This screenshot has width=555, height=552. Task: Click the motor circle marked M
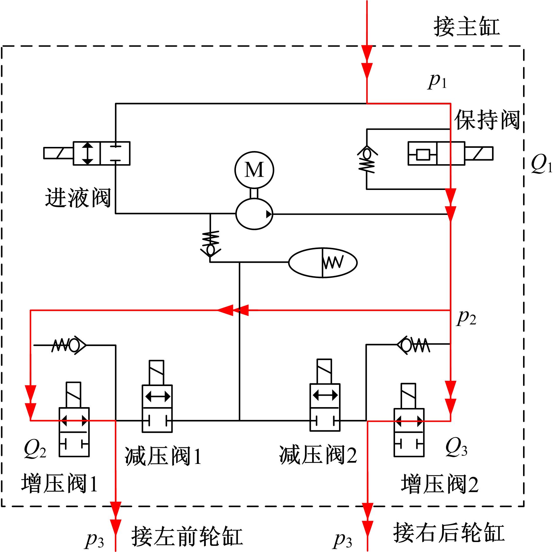pyautogui.click(x=254, y=170)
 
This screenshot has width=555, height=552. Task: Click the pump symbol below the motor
pyautogui.click(x=254, y=214)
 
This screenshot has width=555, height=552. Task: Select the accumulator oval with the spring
pyautogui.click(x=323, y=262)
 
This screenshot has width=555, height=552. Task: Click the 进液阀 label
pyautogui.click(x=78, y=198)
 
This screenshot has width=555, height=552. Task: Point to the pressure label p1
pyautogui.click(x=437, y=81)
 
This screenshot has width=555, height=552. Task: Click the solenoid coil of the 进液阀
pyautogui.click(x=58, y=153)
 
